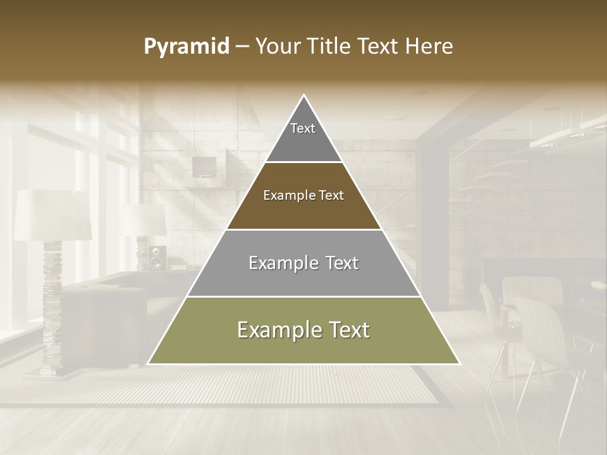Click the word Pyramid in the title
coord(186,47)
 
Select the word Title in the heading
coord(329,47)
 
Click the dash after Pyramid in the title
coord(242,47)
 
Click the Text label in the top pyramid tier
coord(303,128)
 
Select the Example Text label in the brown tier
coord(303,195)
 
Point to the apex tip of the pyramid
coord(304,95)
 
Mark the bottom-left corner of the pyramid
coord(148,364)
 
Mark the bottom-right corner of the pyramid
coord(460,364)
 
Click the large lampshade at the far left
coord(52,215)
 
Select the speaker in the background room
coord(157,257)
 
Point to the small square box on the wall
coord(204,167)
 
